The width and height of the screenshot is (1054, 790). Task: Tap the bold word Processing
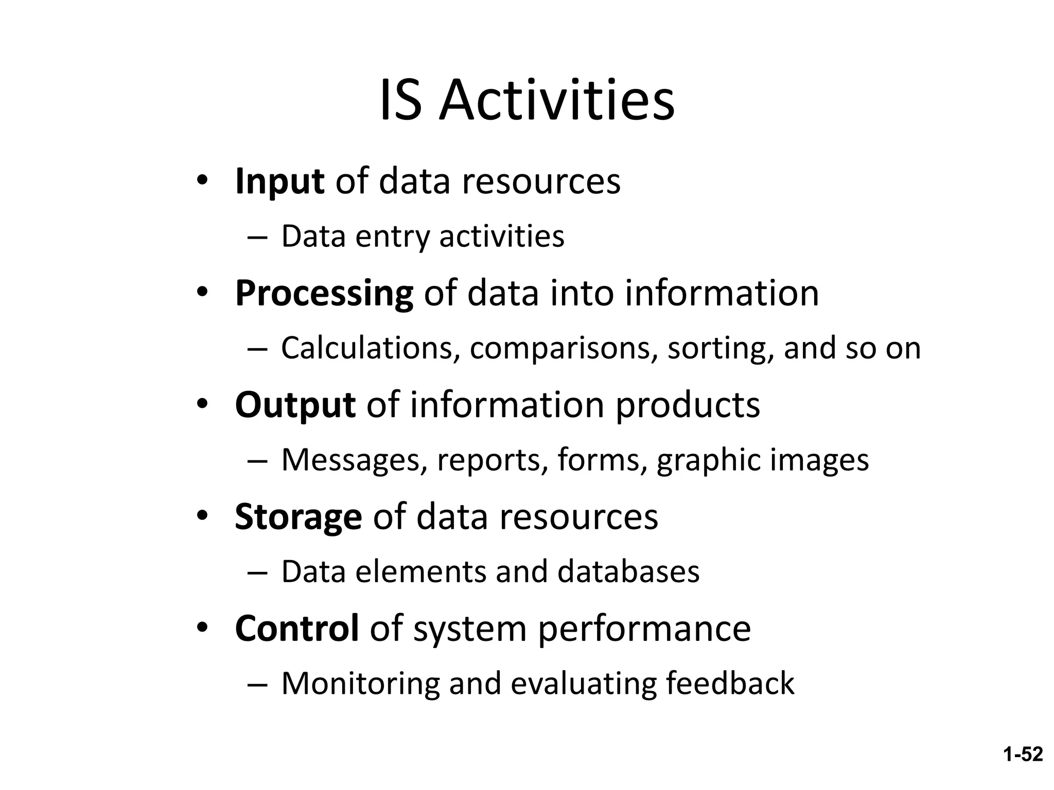click(x=324, y=293)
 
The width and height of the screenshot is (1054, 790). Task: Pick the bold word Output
click(x=295, y=405)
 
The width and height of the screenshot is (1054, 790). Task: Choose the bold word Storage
click(x=298, y=516)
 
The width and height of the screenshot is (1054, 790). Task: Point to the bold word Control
click(x=296, y=628)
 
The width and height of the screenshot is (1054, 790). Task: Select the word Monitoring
click(x=360, y=684)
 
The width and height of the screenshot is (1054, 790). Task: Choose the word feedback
click(x=730, y=684)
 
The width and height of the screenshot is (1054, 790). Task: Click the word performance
click(x=644, y=629)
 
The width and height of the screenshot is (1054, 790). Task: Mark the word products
click(x=688, y=406)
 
